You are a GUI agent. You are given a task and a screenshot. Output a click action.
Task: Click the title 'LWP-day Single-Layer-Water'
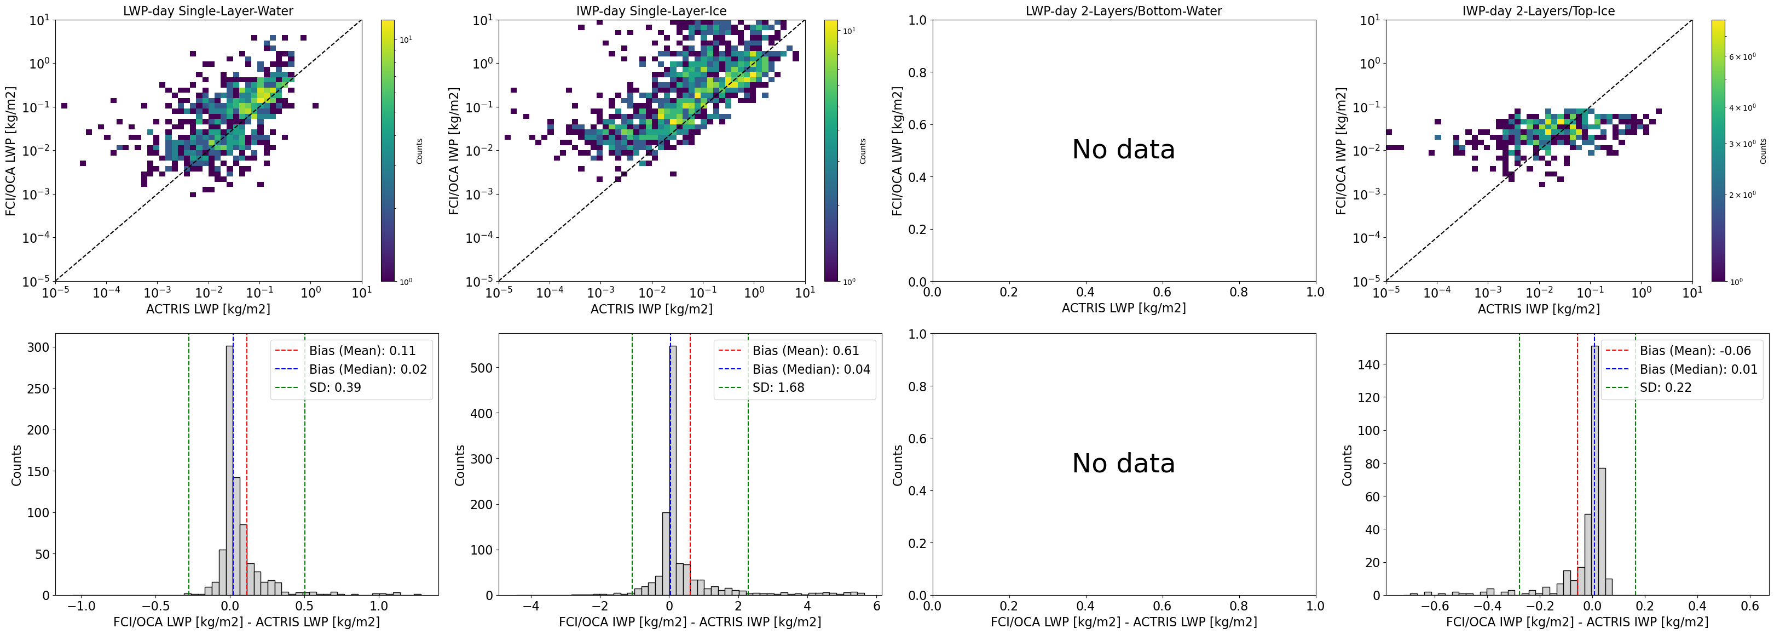pyautogui.click(x=208, y=11)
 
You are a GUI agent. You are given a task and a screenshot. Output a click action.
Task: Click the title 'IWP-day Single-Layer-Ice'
pyautogui.click(x=651, y=11)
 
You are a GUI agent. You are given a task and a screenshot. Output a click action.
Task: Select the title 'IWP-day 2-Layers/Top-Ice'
pyautogui.click(x=1539, y=11)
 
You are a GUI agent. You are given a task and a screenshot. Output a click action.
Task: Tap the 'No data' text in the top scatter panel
pyautogui.click(x=1123, y=150)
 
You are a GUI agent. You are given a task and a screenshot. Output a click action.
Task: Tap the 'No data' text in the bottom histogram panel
pyautogui.click(x=1123, y=463)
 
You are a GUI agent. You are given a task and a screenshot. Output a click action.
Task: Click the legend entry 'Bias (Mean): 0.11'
pyautogui.click(x=362, y=351)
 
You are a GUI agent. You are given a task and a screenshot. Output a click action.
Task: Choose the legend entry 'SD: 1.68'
pyautogui.click(x=778, y=387)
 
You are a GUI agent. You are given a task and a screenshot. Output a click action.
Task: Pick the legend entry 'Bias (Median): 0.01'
pyautogui.click(x=1698, y=369)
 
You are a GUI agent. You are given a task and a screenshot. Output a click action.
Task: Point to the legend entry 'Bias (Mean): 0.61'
pyautogui.click(x=806, y=351)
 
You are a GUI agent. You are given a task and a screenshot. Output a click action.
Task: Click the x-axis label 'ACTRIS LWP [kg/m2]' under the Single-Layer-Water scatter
pyautogui.click(x=208, y=309)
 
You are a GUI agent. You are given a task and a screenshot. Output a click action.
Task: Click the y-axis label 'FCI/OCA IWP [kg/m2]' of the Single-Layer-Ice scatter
pyautogui.click(x=454, y=150)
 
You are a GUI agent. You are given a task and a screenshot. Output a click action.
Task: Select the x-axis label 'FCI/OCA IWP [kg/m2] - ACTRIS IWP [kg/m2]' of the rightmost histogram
pyautogui.click(x=1577, y=621)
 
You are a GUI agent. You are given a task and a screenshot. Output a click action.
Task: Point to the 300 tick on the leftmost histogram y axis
pyautogui.click(x=38, y=347)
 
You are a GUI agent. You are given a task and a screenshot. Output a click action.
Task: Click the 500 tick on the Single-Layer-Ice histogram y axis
pyautogui.click(x=482, y=368)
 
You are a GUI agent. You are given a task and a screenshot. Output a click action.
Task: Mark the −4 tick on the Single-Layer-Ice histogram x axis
pyautogui.click(x=530, y=607)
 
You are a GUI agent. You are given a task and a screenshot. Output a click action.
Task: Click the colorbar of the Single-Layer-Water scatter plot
pyautogui.click(x=388, y=150)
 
